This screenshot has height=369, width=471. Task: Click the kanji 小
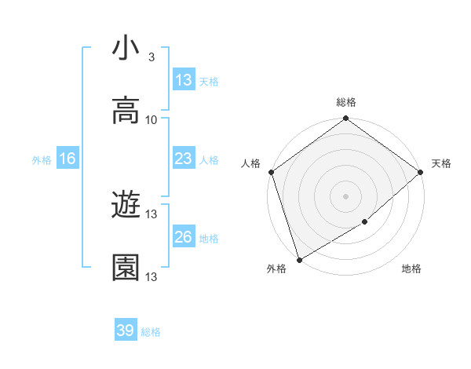pos(126,49)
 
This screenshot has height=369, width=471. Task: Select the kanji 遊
pos(126,206)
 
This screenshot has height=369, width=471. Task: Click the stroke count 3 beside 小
pos(151,57)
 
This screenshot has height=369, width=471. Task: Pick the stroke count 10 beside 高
pos(152,120)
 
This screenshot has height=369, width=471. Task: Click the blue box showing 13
pos(183,80)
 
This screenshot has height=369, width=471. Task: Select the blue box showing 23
pos(183,159)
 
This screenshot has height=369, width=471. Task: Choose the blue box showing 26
pos(183,237)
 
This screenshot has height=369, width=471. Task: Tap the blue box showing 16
pos(68,159)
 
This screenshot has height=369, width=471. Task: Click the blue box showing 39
pos(126,331)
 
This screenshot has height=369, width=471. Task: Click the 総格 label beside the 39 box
pos(151,332)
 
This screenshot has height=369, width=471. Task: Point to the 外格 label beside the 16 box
pos(42,159)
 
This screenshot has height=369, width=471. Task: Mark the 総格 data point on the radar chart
pos(345,119)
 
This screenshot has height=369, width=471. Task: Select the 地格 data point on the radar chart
pos(365,222)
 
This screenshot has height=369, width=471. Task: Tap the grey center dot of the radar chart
pos(345,196)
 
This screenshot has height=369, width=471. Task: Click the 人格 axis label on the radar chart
pos(251,163)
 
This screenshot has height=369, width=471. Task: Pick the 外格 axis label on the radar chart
pos(276,269)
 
